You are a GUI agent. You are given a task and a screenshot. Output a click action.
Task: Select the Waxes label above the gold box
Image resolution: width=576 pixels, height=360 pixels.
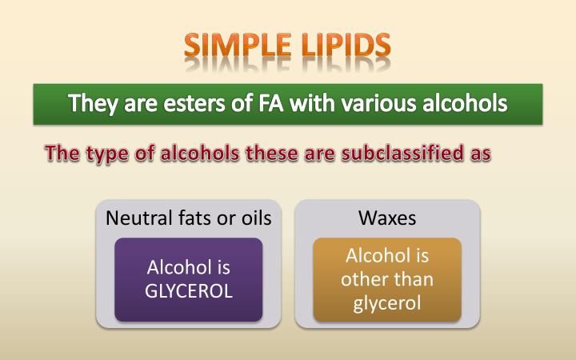click(387, 218)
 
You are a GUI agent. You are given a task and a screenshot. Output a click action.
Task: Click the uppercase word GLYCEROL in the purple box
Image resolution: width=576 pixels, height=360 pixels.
click(189, 290)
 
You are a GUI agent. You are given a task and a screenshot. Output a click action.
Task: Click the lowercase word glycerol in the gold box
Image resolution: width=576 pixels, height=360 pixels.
click(387, 303)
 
